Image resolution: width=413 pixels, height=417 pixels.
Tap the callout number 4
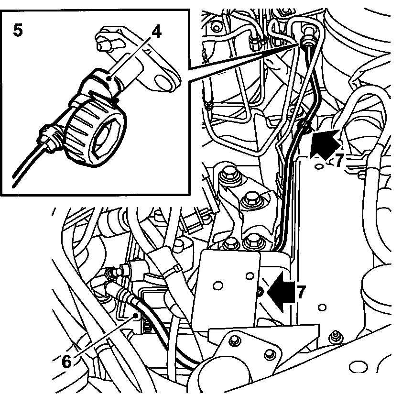pos(156,32)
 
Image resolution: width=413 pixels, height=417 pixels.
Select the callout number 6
pos(67,360)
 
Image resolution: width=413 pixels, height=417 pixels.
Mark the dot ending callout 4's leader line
pos(111,79)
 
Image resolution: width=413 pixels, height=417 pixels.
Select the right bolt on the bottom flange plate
pos(270,354)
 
